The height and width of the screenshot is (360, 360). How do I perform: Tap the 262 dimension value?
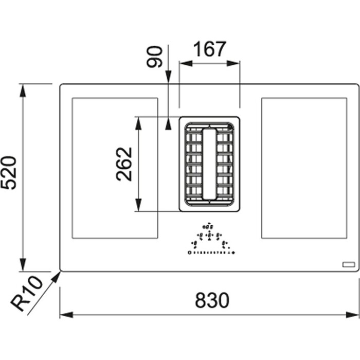(x=124, y=164)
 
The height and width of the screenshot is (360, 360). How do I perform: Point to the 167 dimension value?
(x=209, y=49)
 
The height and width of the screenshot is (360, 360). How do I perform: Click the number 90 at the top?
(x=155, y=57)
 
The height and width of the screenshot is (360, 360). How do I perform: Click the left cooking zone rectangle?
(x=114, y=168)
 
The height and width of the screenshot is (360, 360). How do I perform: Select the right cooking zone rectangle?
(x=304, y=168)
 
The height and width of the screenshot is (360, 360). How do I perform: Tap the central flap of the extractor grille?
(x=209, y=164)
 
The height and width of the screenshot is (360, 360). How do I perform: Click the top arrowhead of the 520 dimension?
(x=22, y=89)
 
